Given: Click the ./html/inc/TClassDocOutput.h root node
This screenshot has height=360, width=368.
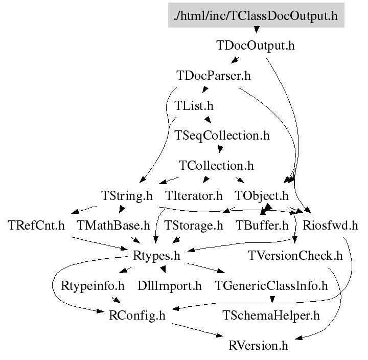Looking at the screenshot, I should click(x=256, y=15).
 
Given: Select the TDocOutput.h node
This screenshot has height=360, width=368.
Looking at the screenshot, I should click(x=256, y=46).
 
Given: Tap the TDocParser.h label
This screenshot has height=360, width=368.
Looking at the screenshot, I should click(x=214, y=76).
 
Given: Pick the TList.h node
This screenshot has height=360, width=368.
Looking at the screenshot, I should click(x=194, y=106).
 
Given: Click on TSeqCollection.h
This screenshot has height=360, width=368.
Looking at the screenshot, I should click(x=222, y=136).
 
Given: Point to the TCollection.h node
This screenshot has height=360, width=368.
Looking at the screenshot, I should click(x=216, y=166).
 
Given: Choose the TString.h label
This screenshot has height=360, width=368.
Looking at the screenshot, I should click(x=127, y=195).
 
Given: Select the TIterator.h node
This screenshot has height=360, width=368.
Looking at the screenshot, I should click(x=194, y=195).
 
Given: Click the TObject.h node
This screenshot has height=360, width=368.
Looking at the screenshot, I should click(x=261, y=195).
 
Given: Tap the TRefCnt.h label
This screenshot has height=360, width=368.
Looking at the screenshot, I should click(x=36, y=226).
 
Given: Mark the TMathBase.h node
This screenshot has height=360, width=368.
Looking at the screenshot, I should click(x=113, y=226).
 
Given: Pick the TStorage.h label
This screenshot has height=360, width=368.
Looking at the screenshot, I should click(x=194, y=226).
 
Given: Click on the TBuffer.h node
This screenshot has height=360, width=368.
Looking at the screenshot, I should click(x=262, y=226).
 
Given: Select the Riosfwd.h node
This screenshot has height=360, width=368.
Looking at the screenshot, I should click(x=330, y=226).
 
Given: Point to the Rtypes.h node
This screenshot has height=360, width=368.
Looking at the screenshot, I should click(x=156, y=255).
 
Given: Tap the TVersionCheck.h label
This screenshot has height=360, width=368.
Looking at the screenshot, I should click(x=295, y=255).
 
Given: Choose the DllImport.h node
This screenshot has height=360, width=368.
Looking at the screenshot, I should click(x=170, y=285).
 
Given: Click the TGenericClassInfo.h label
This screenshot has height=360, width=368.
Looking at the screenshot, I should click(x=271, y=285).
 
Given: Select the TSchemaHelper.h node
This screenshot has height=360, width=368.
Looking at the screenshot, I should click(x=271, y=316).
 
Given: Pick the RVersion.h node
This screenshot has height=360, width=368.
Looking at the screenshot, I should click(x=258, y=345).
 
